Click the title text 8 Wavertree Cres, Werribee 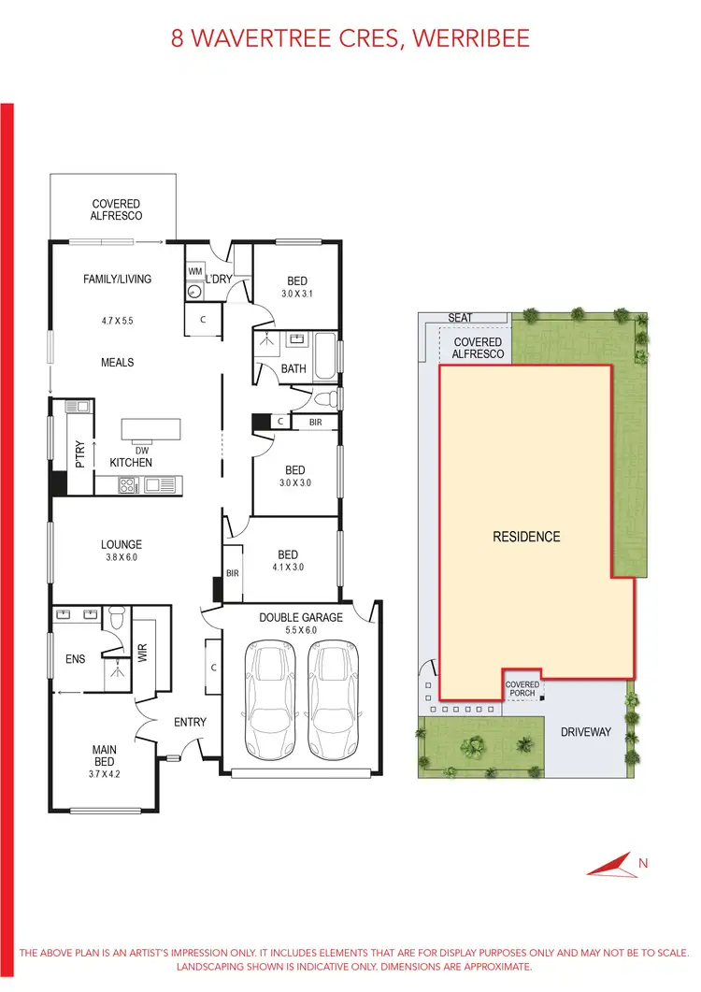pos(350,38)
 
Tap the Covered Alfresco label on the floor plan pos(116,209)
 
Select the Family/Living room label pos(117,279)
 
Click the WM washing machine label pos(195,271)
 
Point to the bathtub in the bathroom pos(324,355)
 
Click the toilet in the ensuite pos(117,620)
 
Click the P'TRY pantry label pos(80,453)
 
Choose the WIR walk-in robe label pos(143,653)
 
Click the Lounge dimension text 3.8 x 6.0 pos(122,558)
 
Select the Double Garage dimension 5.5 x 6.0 pos(300,631)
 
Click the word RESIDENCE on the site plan pos(526,537)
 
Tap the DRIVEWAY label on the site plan pos(585,732)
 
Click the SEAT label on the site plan pos(460,318)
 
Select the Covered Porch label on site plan pos(522,689)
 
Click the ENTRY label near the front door pos(190,722)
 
